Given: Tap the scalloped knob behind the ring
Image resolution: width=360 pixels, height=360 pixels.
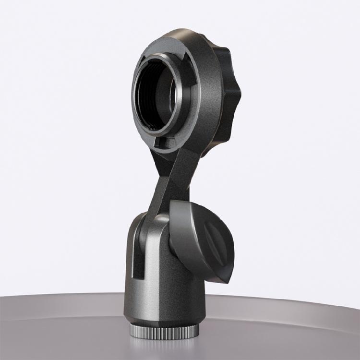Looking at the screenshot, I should (229, 96).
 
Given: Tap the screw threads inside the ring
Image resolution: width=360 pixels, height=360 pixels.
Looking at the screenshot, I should (144, 96).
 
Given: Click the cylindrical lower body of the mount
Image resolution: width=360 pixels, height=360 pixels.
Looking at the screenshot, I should (163, 288).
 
